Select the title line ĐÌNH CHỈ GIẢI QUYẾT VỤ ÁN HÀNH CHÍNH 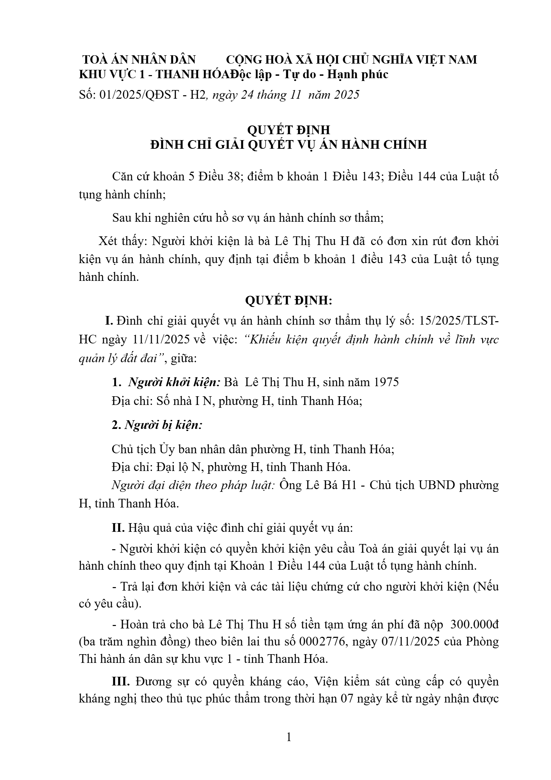(x=289, y=144)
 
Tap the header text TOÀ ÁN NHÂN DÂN (x=139, y=60)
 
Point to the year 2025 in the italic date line (x=347, y=95)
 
